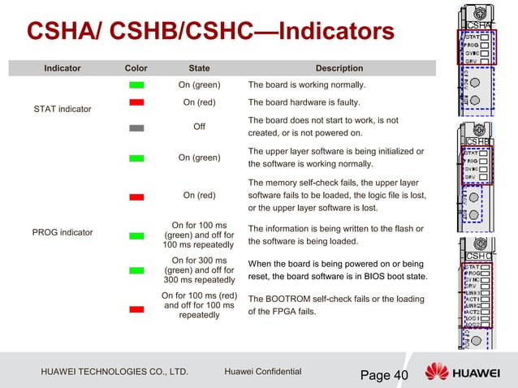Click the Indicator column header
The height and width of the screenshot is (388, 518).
[63, 69]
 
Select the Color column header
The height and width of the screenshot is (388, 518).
[136, 69]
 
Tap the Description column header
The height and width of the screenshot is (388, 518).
[339, 69]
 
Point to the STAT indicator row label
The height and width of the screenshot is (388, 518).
[63, 109]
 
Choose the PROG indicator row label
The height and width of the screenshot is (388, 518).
[63, 233]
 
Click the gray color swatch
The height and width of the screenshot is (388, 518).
[136, 127]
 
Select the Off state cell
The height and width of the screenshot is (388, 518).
[199, 127]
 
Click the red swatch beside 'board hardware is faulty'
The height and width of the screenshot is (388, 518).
[136, 102]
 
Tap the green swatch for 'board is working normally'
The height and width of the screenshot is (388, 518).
[136, 85]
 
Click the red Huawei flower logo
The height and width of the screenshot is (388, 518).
[437, 373]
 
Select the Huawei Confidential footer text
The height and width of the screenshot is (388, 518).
[262, 372]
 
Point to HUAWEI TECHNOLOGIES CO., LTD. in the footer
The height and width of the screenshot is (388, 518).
[114, 373]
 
